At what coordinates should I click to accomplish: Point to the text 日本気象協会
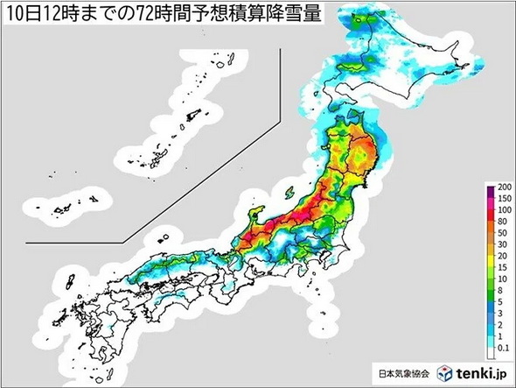pyautogui.click(x=404, y=372)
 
